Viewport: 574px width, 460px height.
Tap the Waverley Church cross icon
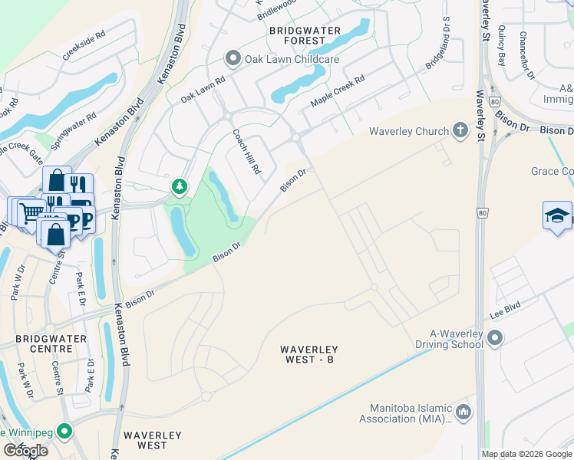(x=460, y=131)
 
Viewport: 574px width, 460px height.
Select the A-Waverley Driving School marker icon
(x=495, y=338)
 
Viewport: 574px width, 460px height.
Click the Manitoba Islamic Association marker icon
(x=463, y=412)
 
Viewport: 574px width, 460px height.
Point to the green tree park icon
(x=180, y=186)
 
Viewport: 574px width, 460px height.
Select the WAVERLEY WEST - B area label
(x=308, y=355)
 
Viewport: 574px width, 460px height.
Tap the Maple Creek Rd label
(x=337, y=91)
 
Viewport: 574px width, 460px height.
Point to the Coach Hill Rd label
(x=247, y=151)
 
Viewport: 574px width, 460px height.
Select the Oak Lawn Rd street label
(x=203, y=89)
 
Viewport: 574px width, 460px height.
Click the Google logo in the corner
(x=25, y=451)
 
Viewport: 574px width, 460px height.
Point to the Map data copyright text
(x=526, y=454)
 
